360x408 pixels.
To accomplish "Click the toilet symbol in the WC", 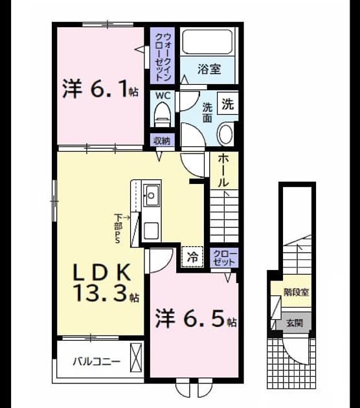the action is [x=163, y=115].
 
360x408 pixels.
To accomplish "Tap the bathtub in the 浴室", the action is [x=207, y=41].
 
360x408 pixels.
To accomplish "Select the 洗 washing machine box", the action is [x=228, y=104].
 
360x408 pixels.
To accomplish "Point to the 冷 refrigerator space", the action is [x=192, y=257].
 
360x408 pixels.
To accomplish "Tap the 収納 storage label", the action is [x=162, y=141].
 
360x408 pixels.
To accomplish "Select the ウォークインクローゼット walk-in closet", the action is [x=163, y=56].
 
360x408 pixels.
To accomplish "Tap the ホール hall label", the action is [x=223, y=170].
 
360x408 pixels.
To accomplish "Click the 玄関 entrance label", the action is [x=295, y=323].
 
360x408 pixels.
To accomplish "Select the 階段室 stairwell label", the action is [x=297, y=292].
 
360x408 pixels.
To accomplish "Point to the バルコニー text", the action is [x=96, y=361].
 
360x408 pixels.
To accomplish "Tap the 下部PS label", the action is [x=118, y=228].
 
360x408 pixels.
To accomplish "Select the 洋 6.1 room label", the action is [x=100, y=89].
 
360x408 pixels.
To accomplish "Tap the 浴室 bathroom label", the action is [x=209, y=69].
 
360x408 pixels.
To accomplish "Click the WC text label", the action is [x=163, y=95].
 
